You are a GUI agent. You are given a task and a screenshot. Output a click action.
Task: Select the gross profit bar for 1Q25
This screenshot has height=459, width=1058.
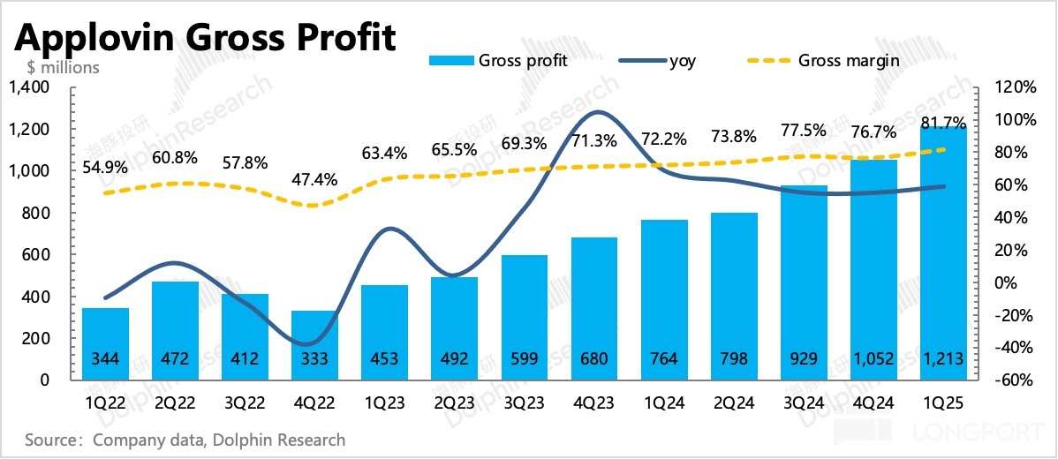[x=943, y=256]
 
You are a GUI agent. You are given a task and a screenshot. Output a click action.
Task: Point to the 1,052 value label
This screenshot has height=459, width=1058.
[x=873, y=359]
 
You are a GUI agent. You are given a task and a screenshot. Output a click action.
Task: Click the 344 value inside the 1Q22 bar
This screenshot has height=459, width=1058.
[x=106, y=359]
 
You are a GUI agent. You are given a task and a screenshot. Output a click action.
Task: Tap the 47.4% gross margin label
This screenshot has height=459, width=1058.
[x=315, y=181]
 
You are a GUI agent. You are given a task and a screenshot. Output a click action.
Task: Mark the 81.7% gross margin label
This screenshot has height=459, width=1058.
[x=943, y=123]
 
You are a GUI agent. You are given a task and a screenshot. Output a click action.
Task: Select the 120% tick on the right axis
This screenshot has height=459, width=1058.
[x=1014, y=87]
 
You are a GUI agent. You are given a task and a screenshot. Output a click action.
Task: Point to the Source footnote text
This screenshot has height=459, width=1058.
[x=185, y=439]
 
